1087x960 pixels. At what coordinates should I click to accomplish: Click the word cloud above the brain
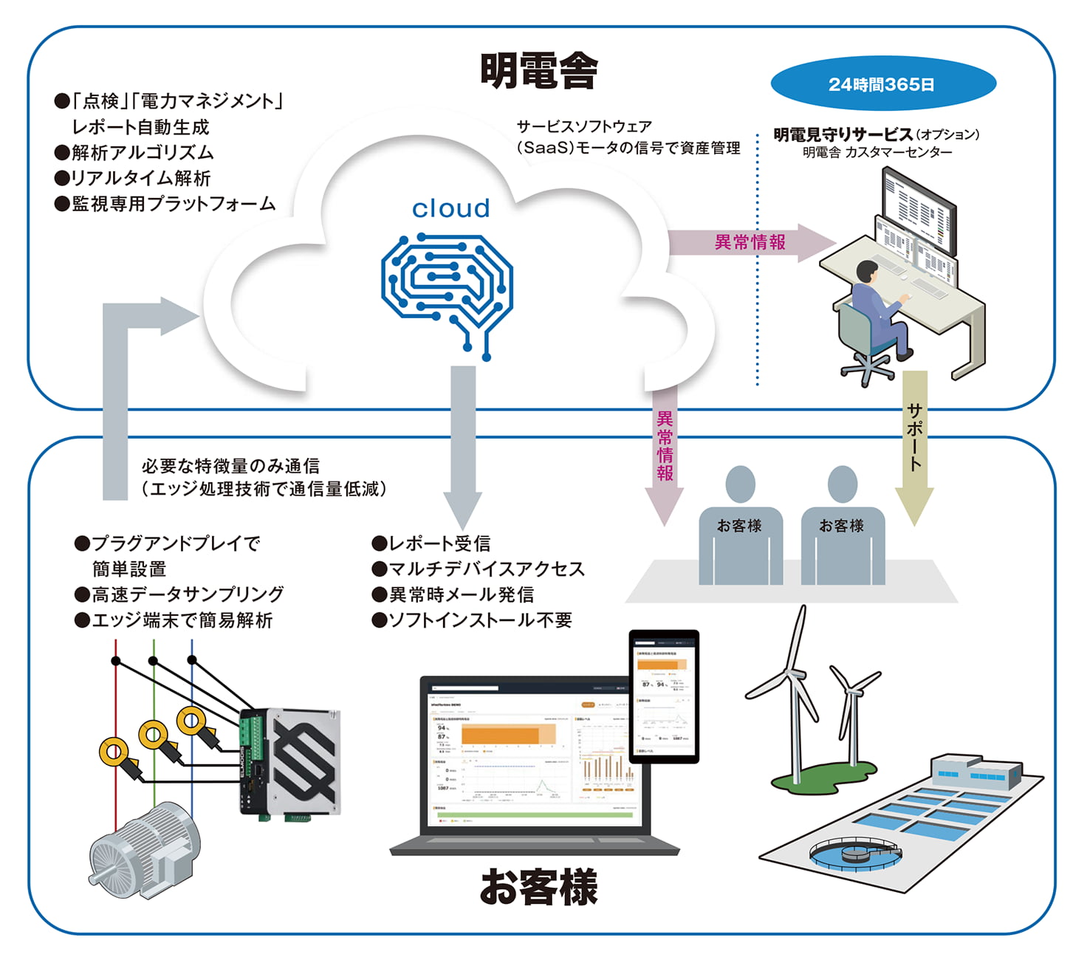(450, 208)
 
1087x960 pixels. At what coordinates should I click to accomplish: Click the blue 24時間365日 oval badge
(882, 84)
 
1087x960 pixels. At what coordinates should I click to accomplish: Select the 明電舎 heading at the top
(538, 71)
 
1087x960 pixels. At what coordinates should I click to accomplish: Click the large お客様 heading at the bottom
(538, 886)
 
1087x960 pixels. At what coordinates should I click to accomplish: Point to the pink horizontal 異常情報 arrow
(750, 242)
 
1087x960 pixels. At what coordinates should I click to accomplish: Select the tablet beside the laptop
(664, 696)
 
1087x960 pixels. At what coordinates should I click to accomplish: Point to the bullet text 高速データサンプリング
(188, 594)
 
